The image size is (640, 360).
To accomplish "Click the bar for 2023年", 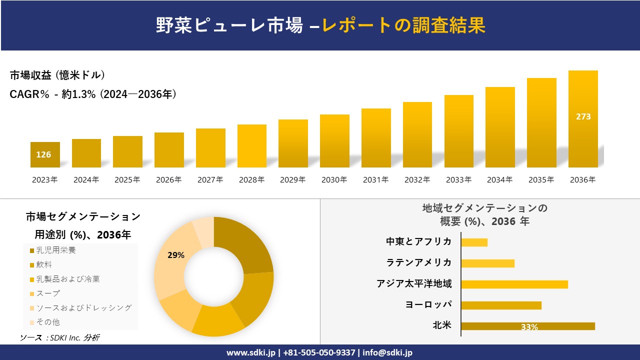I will point(45,154).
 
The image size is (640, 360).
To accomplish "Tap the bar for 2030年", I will point(334,141).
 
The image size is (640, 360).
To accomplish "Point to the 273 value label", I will point(583,116).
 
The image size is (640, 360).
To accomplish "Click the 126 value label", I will point(43,154).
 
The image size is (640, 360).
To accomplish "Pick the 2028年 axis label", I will point(251,180).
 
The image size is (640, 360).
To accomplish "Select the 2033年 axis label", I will point(458,180).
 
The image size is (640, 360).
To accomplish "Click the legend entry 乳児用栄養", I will point(55,250).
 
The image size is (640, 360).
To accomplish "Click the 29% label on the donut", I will point(176,255).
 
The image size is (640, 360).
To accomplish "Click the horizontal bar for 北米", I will point(527,326).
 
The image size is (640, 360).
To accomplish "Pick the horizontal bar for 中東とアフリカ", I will point(474,242).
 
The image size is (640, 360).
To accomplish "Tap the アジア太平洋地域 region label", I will point(414,284).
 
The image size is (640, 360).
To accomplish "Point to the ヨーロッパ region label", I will point(428,305).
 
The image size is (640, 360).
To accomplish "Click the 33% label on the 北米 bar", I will point(529,327).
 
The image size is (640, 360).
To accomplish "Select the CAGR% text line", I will point(93,94).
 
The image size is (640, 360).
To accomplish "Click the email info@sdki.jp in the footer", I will point(387,352).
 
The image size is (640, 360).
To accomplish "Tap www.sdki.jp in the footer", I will point(250,352).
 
